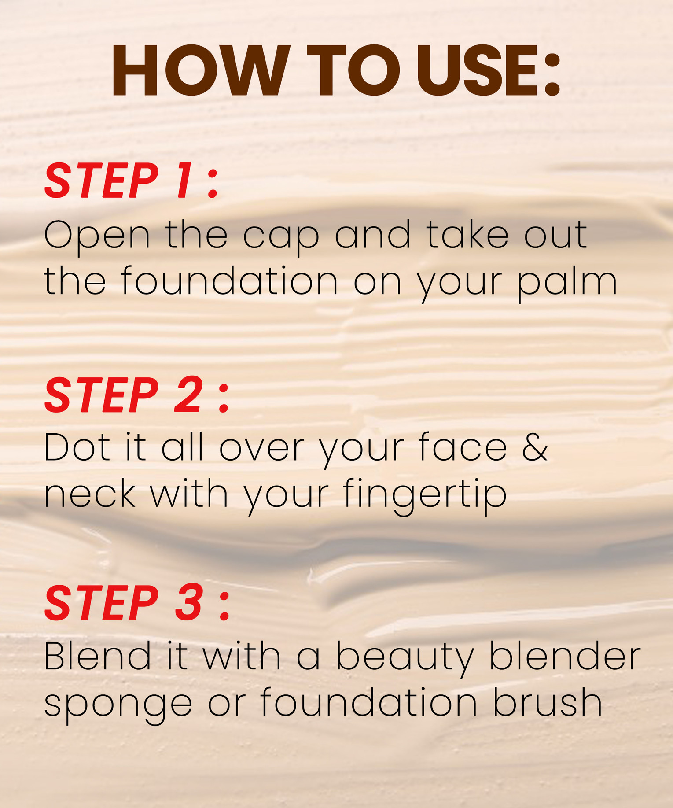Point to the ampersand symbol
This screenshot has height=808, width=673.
pos(535,447)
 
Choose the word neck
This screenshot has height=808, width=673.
pos(90,494)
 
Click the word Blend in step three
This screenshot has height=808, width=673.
pos(97,656)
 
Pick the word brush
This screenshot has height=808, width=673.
pos(547,702)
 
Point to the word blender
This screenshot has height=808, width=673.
pos(565,656)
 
